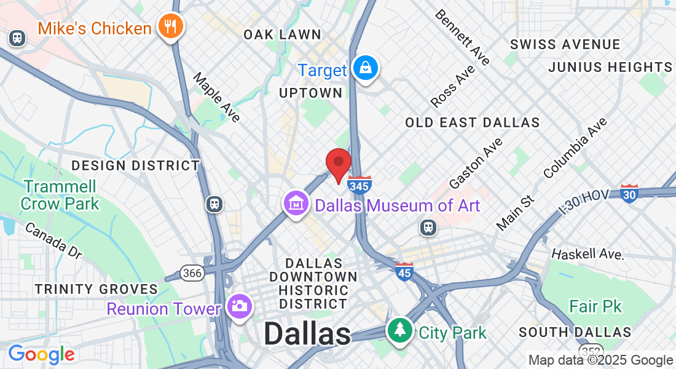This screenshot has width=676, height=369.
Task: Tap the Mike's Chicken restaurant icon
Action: [168, 26]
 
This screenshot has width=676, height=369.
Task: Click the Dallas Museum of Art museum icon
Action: [296, 203]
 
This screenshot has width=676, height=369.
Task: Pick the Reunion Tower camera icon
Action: [238, 306]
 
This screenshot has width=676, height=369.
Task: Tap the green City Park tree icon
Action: [400, 331]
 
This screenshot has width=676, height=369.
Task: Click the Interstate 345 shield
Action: [360, 184]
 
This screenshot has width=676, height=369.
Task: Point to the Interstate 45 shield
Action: [404, 271]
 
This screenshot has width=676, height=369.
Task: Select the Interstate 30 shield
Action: [629, 194]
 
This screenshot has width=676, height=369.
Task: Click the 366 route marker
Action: [192, 273]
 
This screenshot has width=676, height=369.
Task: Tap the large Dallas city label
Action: [307, 334]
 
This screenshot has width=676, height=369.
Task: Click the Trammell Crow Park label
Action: [60, 194]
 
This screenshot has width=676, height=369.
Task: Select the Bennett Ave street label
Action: [462, 37]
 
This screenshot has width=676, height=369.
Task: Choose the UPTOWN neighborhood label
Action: [310, 93]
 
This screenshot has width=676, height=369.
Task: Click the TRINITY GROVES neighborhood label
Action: [96, 289]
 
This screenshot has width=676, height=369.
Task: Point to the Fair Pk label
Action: [595, 306]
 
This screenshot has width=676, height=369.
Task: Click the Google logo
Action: [41, 354]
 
